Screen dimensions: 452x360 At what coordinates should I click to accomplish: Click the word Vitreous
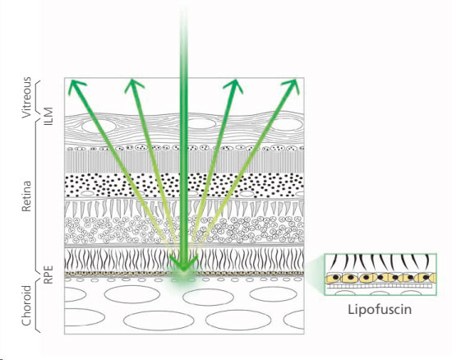coord(26,97)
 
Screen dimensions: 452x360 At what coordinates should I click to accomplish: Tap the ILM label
coord(48,116)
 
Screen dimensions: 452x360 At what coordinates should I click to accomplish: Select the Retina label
coord(26,196)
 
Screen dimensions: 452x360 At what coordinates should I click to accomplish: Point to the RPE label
coord(48,275)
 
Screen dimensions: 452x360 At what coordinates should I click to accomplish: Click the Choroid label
coord(26,306)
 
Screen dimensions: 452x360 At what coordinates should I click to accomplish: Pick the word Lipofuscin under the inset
coord(380,310)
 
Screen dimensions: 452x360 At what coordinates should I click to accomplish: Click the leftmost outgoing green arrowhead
coord(76,86)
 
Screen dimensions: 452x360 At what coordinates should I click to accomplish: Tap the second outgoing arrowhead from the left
coord(133,85)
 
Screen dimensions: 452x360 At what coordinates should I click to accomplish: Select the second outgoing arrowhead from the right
coord(233,86)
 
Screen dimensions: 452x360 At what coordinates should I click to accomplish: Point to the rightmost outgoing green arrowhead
coord(292,86)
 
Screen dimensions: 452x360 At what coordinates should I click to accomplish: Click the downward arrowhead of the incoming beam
coord(183,264)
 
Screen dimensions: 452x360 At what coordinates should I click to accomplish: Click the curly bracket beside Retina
coord(37,195)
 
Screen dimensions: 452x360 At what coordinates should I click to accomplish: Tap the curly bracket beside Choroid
coord(37,306)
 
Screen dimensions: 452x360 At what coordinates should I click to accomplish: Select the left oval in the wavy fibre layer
coord(99,126)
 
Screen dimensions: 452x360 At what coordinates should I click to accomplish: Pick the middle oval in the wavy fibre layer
coord(201,123)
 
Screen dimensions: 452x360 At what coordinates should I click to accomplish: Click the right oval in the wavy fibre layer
coord(288,124)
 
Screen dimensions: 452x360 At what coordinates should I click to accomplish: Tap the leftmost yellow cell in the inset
coord(333,279)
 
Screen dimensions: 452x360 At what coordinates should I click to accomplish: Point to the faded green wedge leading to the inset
coord(316,273)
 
